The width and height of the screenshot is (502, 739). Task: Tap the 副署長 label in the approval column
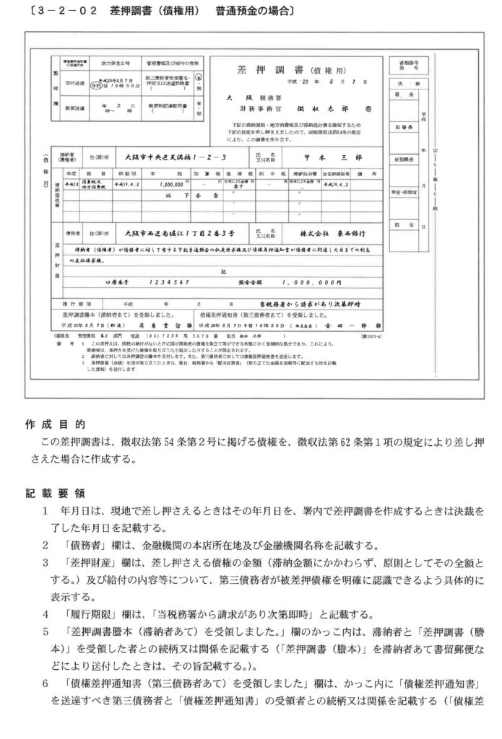click(402, 127)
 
